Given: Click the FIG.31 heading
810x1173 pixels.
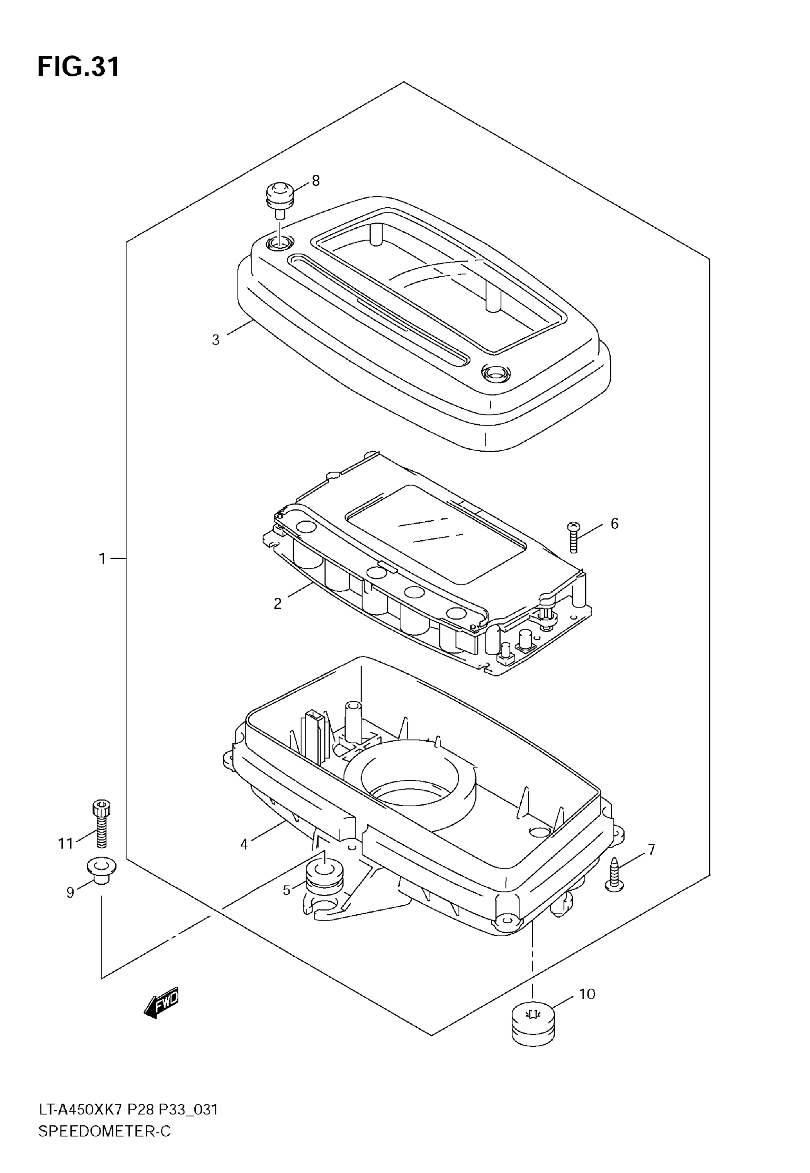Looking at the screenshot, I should (x=79, y=66).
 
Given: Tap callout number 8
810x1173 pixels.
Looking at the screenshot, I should (x=316, y=180).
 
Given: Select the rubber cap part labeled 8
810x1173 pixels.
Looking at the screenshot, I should (x=280, y=198).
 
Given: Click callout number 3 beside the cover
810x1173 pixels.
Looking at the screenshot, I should (x=216, y=340).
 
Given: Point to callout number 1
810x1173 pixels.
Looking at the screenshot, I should (x=102, y=558).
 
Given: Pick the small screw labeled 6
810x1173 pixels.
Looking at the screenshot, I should (x=573, y=536).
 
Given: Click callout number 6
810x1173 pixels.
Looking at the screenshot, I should (x=615, y=523).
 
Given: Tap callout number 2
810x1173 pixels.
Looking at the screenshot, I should (x=278, y=604).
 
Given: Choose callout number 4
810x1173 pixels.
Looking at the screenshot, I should (x=244, y=844).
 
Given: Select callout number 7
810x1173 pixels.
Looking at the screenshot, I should (x=651, y=849).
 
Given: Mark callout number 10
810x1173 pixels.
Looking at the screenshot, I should (x=587, y=994).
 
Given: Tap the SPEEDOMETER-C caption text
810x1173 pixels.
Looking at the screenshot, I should (x=104, y=1132).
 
